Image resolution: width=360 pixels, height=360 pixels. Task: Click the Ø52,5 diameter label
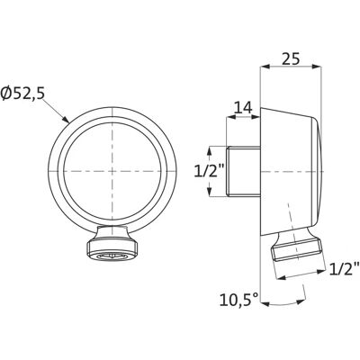[22, 94]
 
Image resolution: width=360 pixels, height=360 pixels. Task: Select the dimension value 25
[291, 58]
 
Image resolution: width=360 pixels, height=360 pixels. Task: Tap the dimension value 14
[243, 108]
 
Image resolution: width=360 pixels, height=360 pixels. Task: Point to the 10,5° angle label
[238, 300]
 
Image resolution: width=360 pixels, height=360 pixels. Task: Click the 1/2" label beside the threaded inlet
[210, 171]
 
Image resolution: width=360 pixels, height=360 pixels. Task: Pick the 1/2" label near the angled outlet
[344, 269]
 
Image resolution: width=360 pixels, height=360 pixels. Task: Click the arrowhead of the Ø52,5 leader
[66, 120]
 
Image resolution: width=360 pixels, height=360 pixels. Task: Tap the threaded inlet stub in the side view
[243, 171]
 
